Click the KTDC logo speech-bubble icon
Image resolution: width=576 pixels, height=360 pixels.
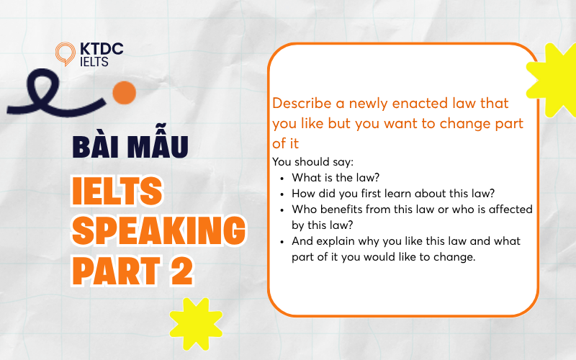[65, 53]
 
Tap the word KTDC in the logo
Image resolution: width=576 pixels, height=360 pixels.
[102, 49]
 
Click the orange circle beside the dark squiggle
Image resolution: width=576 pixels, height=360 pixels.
[124, 93]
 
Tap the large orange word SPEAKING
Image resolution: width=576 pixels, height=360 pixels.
[158, 230]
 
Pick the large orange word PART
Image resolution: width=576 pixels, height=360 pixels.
[117, 271]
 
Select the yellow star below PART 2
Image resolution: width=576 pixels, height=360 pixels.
[196, 323]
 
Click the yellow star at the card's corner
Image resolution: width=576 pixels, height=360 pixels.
[552, 81]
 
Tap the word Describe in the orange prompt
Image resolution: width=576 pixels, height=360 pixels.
[302, 103]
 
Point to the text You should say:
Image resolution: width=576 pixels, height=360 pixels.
[312, 161]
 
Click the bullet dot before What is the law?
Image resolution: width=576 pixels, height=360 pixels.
[282, 179]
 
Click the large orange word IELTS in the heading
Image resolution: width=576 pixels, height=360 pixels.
[117, 191]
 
